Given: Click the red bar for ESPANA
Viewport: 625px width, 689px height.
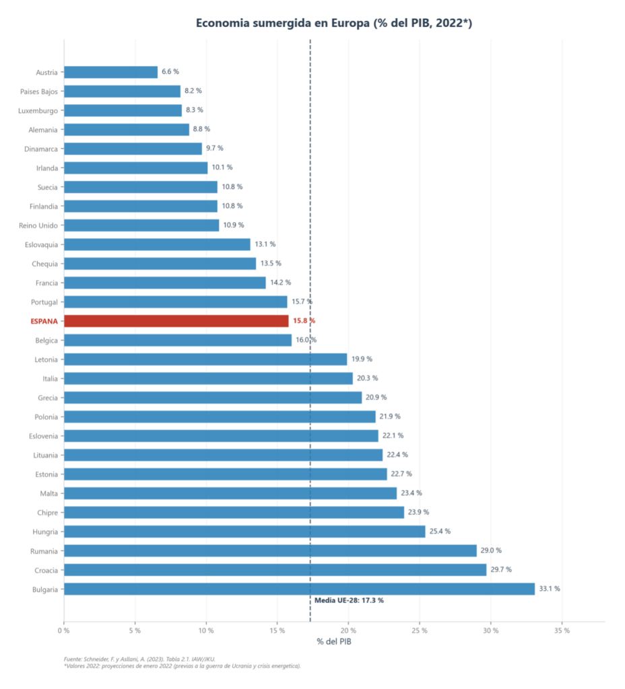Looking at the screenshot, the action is (x=176, y=321).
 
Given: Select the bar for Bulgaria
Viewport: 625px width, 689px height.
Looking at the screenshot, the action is (x=300, y=589).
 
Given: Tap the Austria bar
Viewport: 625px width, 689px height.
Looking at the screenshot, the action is (x=111, y=72).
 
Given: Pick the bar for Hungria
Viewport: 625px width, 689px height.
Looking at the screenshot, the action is (x=244, y=532).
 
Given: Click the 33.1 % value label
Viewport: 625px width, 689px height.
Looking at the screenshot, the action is (x=550, y=588).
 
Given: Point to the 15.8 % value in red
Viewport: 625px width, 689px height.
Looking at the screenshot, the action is (x=304, y=320).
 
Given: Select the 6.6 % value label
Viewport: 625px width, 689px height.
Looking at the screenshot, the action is (x=170, y=71).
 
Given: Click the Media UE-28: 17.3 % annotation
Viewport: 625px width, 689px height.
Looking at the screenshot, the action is (x=349, y=600).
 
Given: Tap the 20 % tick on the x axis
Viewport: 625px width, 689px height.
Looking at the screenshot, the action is (x=348, y=630).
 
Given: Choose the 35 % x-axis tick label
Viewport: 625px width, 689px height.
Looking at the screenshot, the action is (x=562, y=630).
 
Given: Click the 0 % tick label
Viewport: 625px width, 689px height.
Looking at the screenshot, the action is (x=63, y=630).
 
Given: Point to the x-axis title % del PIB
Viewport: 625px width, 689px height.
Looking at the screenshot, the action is (x=334, y=641).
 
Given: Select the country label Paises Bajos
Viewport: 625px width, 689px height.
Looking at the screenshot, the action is (x=38, y=92).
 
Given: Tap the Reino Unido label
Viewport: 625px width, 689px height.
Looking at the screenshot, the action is (x=38, y=225).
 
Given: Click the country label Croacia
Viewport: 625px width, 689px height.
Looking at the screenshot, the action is (x=46, y=571).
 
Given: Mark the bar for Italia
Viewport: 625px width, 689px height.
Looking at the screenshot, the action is (x=209, y=378).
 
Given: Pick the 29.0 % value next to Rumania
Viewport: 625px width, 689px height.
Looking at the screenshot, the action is (x=491, y=550).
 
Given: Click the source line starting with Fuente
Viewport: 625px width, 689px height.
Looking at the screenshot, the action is (x=139, y=659).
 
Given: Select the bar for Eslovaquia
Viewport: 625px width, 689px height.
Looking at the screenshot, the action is (x=157, y=244).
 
